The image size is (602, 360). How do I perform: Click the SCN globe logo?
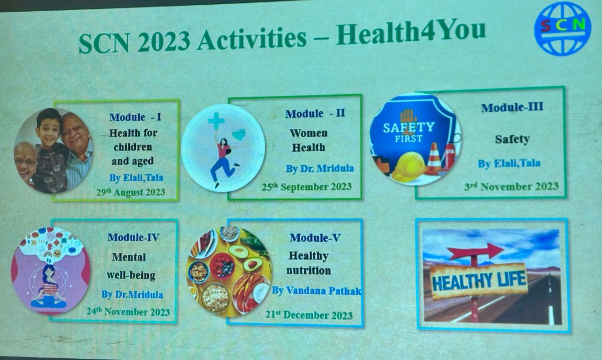coord(563,28)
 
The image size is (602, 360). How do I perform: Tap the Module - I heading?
coord(135,117)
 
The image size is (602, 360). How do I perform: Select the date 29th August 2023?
coord(131,192)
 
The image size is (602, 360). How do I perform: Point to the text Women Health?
coord(308,140)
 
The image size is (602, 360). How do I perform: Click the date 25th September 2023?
coord(307,186)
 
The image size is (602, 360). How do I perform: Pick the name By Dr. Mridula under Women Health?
coord(320,168)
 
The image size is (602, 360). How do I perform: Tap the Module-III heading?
coord(512,107)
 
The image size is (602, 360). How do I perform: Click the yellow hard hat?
coord(409,166)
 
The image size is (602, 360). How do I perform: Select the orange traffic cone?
coord(434,158)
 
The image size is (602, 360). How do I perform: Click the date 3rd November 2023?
coord(511,186)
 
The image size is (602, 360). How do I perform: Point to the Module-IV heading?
coord(133,237)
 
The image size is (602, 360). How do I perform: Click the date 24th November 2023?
coord(128,312)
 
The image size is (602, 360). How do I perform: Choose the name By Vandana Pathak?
coord(317,291)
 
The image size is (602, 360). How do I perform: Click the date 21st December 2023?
coord(309,315)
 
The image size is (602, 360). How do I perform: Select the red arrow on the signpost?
coord(476,252)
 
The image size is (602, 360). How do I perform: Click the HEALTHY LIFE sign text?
coord(479,281)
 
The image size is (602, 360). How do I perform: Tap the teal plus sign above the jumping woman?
coord(216,121)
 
